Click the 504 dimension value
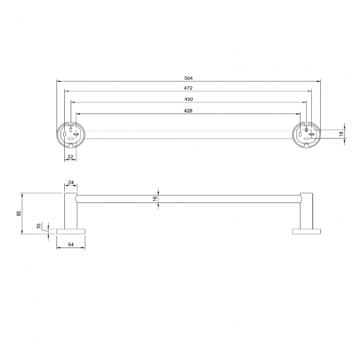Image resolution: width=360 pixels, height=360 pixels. (x=188, y=78)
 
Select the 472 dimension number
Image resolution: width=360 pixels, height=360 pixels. (x=188, y=88)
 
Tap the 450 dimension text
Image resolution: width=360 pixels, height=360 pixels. (x=188, y=99)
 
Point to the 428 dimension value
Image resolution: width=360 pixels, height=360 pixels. (x=188, y=111)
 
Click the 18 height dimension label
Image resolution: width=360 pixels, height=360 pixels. (x=341, y=133)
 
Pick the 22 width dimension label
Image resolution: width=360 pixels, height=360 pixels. (x=70, y=157)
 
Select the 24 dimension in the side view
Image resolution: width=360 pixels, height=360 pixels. (x=70, y=182)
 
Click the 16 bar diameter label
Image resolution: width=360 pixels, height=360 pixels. (x=156, y=199)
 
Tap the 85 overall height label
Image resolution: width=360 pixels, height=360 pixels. (x=19, y=213)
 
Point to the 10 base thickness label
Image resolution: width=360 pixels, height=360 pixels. (x=38, y=226)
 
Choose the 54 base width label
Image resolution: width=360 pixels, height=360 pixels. (x=70, y=244)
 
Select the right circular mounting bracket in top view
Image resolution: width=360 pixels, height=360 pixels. (x=306, y=135)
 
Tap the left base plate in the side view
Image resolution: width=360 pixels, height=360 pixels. (x=71, y=230)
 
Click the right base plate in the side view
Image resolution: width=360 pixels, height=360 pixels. (x=306, y=230)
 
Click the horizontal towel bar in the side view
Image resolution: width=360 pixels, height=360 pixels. (x=188, y=199)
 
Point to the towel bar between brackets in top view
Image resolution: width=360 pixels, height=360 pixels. (x=188, y=135)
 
